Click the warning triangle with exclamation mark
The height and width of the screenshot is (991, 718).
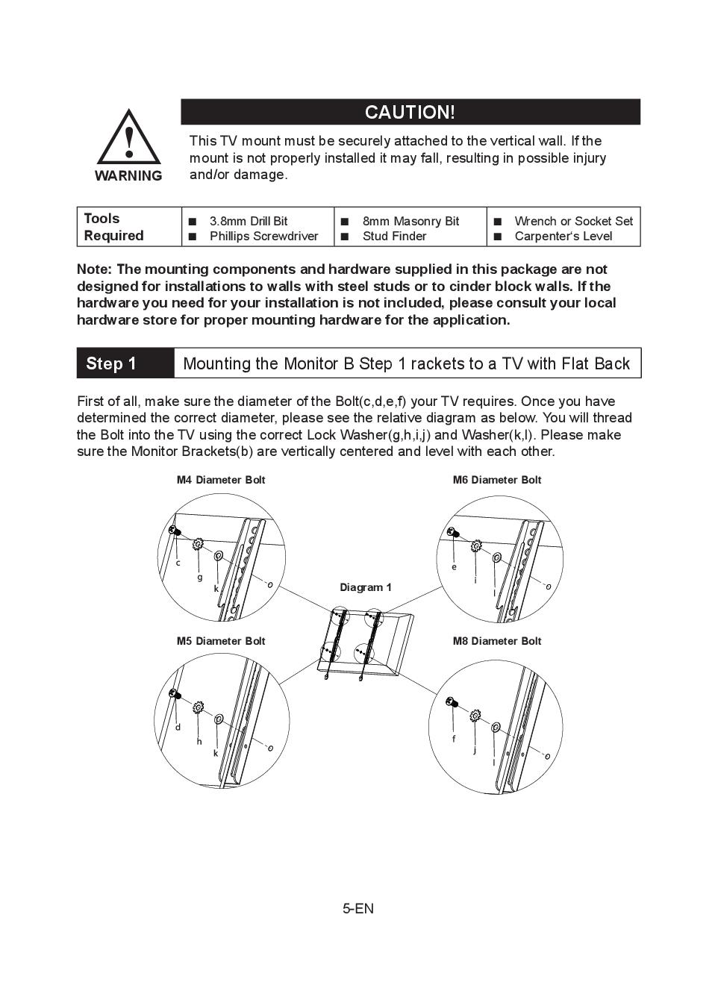(129, 138)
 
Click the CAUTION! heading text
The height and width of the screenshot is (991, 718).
(410, 112)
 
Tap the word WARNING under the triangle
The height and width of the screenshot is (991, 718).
(128, 176)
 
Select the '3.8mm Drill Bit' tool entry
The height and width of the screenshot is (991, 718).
(248, 221)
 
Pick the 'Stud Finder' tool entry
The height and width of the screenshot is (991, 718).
(394, 237)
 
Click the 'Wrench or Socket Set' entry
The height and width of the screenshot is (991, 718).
(573, 221)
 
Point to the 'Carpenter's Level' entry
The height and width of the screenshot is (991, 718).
(563, 237)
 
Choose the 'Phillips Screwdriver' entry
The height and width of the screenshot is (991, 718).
(263, 237)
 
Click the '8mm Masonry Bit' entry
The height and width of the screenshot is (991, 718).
(410, 221)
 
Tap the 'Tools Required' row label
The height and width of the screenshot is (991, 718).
(113, 227)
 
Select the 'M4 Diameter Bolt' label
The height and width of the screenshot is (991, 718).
(221, 480)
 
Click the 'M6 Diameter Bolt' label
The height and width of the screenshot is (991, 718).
(497, 480)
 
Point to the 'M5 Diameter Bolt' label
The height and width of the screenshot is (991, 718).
(221, 641)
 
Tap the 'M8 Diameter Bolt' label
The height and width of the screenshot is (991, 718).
(497, 641)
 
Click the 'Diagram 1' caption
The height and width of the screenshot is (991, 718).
(366, 587)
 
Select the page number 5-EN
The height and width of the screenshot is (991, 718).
(358, 908)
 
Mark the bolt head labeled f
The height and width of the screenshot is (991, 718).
(452, 701)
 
